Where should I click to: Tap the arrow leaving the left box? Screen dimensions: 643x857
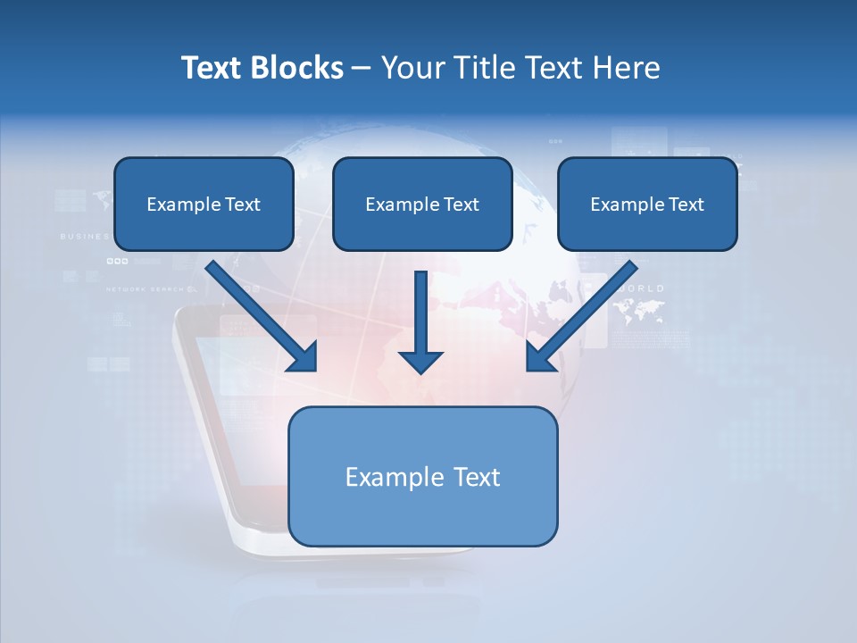(x=259, y=313)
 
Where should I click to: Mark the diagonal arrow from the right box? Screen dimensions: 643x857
(x=585, y=313)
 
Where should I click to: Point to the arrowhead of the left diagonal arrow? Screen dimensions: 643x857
(x=304, y=356)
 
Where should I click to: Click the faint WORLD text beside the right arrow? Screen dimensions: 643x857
(x=641, y=288)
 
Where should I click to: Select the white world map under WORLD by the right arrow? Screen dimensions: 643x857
(x=639, y=310)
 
